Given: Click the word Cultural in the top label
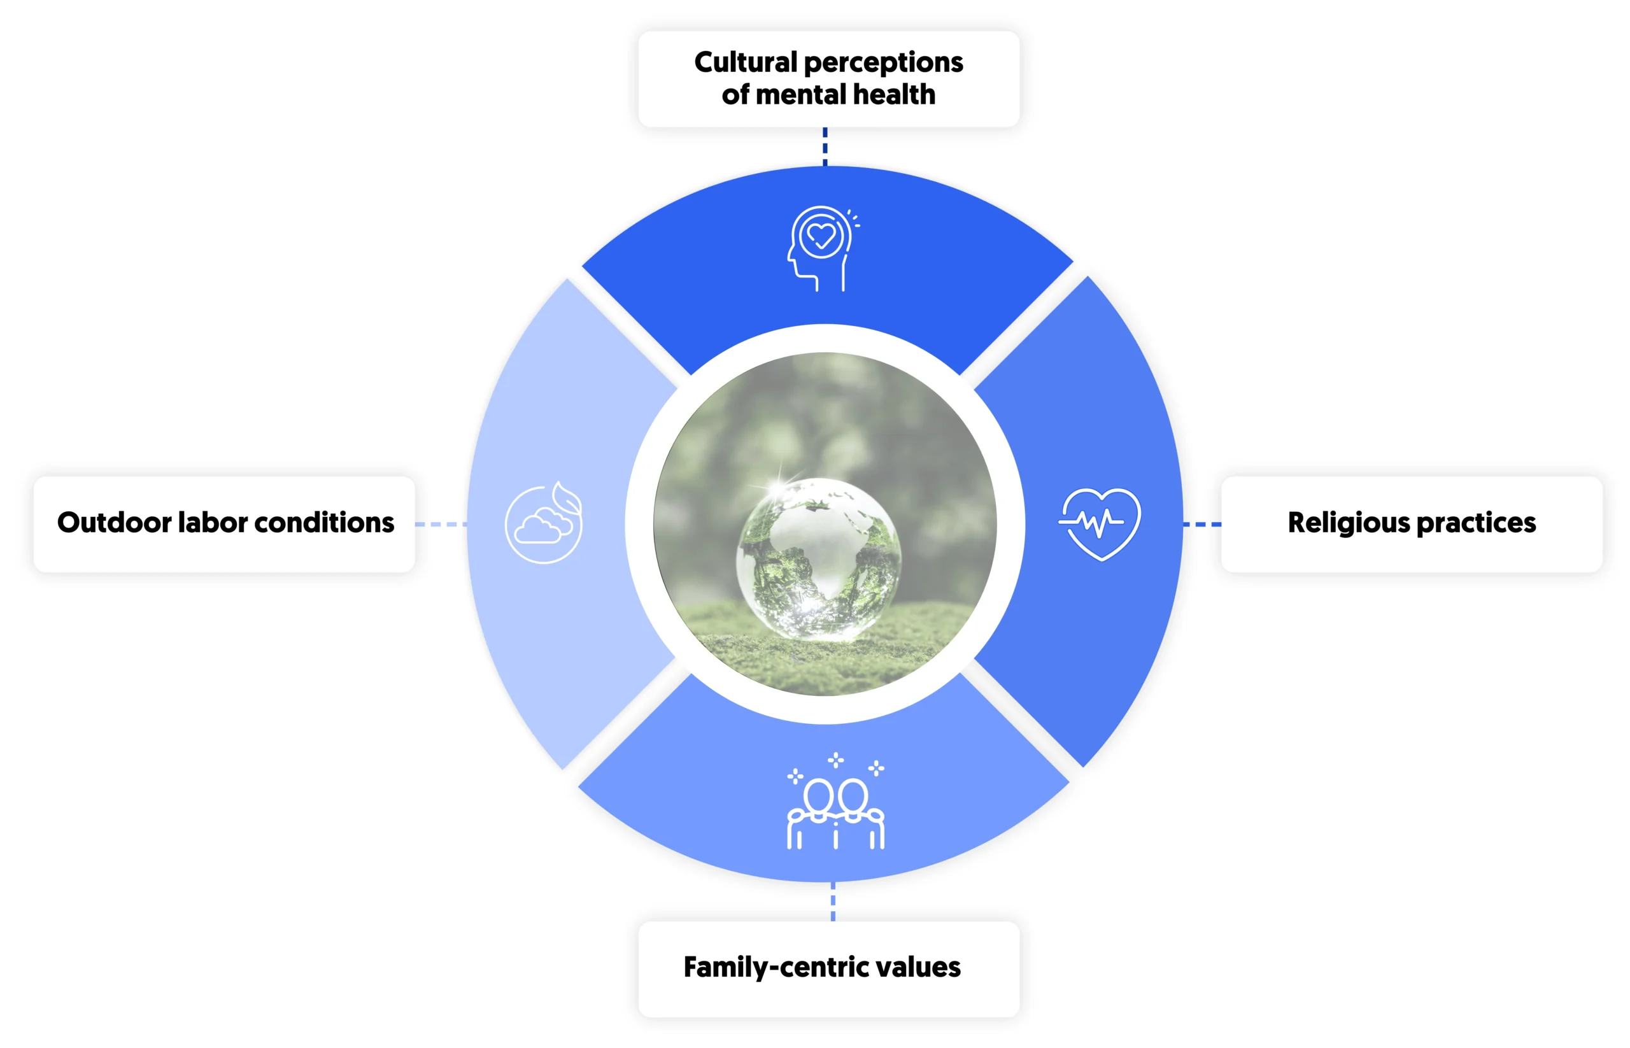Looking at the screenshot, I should click(744, 62).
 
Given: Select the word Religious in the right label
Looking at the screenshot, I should click(1348, 523).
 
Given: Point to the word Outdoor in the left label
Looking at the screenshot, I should click(115, 523).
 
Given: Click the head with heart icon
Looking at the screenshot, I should click(821, 248).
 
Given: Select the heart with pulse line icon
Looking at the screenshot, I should click(1099, 523).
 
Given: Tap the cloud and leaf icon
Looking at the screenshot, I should click(544, 523).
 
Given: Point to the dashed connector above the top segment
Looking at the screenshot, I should click(825, 146).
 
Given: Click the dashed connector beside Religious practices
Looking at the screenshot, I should click(1202, 524).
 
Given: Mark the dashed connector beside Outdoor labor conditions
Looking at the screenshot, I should click(441, 524).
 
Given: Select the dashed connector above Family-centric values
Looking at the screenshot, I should click(833, 902).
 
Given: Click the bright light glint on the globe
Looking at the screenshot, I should click(776, 486).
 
